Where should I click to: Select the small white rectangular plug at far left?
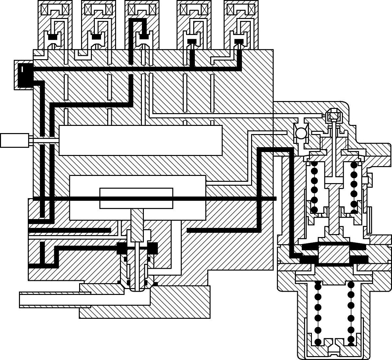tap(14, 141)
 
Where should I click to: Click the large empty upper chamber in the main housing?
tap(141, 140)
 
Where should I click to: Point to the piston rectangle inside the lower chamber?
tap(136, 198)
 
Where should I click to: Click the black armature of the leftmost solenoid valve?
tap(53, 38)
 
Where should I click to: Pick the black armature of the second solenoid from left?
tap(96, 37)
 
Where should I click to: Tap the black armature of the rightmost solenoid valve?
tap(239, 41)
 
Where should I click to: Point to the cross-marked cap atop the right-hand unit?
tap(333, 115)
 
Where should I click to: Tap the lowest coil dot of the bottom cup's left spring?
tap(317, 342)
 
